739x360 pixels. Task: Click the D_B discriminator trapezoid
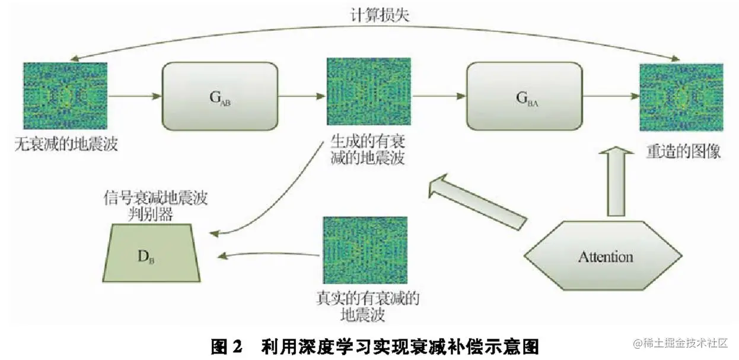[151, 253]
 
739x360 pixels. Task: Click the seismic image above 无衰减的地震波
[65, 95]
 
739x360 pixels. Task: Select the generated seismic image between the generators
[368, 95]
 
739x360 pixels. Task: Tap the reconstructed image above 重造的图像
[680, 96]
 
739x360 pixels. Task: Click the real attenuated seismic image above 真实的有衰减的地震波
[365, 250]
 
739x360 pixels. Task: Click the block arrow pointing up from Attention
[617, 181]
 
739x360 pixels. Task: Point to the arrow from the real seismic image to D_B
[270, 255]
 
